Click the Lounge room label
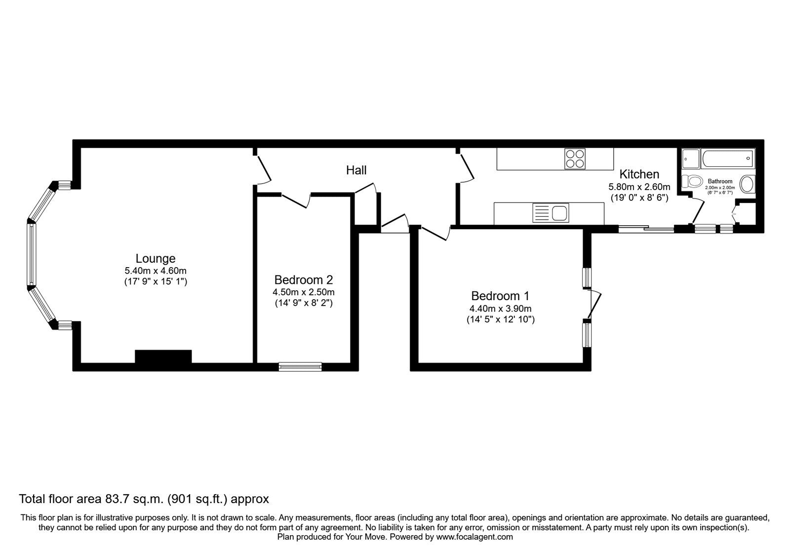tap(156, 259)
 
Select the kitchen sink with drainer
tap(551, 213)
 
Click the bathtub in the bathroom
tap(728, 158)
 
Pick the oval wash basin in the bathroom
tap(747, 184)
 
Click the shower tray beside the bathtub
tap(691, 158)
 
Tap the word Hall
tap(356, 170)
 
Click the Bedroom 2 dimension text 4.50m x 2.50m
tap(303, 292)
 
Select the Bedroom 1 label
tap(500, 296)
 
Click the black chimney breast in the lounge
tap(163, 356)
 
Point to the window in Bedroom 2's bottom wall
tap(300, 367)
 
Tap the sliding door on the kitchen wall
tap(646, 229)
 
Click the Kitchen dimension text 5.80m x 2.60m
tap(639, 187)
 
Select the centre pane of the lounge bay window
tap(32, 255)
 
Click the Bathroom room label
tap(720, 181)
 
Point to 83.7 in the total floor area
tap(117, 499)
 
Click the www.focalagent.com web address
tap(474, 537)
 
